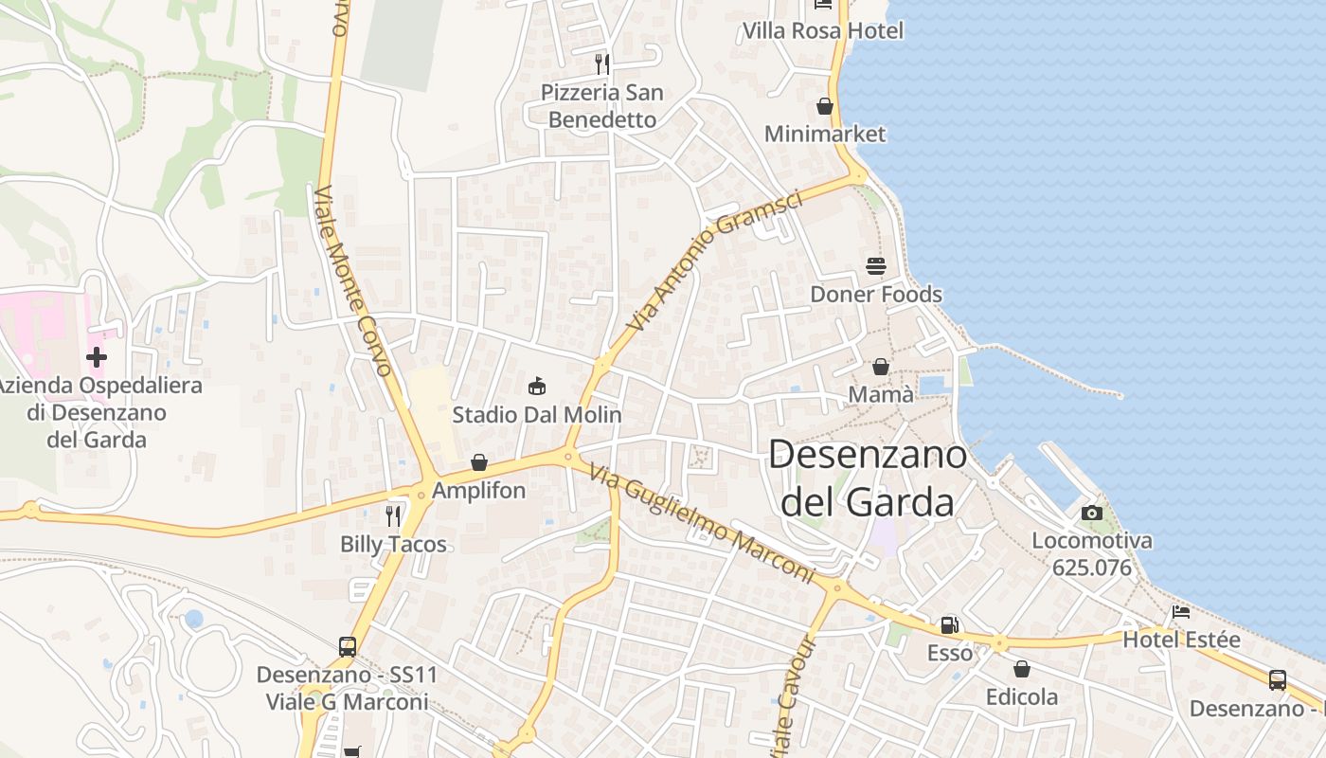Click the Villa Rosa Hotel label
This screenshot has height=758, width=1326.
pyautogui.click(x=823, y=30)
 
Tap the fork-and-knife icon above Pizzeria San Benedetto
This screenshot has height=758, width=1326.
pyautogui.click(x=601, y=63)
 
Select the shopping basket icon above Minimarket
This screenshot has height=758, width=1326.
pyautogui.click(x=825, y=106)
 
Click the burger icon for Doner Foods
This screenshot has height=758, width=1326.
pyautogui.click(x=875, y=266)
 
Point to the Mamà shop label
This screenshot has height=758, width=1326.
pyautogui.click(x=881, y=394)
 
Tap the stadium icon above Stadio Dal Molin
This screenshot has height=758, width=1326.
pyautogui.click(x=537, y=386)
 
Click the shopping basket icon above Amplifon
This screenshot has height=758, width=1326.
pyautogui.click(x=479, y=462)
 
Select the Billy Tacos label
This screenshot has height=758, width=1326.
pyautogui.click(x=393, y=544)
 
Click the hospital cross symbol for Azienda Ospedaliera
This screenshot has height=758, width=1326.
pyautogui.click(x=96, y=357)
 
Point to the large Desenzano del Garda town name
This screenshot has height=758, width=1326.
pyautogui.click(x=867, y=478)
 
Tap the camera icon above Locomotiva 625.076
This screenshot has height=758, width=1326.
pyautogui.click(x=1092, y=513)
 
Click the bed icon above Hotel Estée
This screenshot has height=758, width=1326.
pyautogui.click(x=1181, y=612)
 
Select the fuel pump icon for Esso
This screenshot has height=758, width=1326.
pyautogui.click(x=949, y=625)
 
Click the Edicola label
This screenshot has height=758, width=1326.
pyautogui.click(x=1022, y=697)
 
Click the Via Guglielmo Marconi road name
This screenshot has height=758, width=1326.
pyautogui.click(x=700, y=523)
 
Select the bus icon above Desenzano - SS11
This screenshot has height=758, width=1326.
pyautogui.click(x=348, y=647)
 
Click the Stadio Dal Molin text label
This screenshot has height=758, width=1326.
pyautogui.click(x=537, y=414)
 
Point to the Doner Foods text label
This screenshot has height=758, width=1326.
pyautogui.click(x=876, y=294)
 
